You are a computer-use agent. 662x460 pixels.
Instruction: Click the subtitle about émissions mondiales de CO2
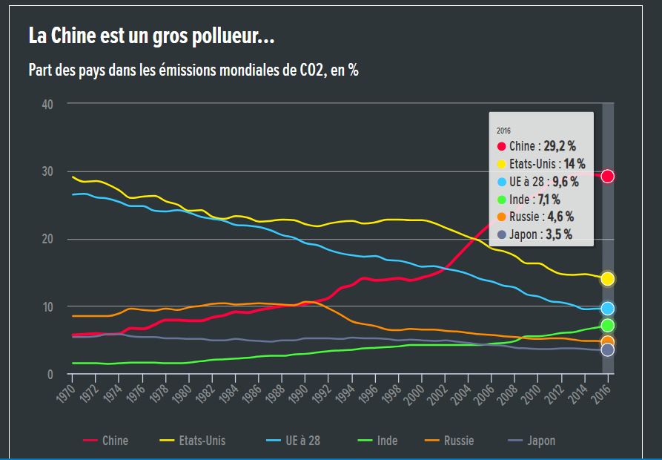193,71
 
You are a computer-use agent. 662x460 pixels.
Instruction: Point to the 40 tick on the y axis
47,104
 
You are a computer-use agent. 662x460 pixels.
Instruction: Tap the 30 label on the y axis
47,171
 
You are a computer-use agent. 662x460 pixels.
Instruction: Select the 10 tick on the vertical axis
47,306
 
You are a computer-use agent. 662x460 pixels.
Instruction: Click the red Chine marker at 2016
607,176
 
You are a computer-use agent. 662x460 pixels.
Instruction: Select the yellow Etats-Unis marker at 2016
607,278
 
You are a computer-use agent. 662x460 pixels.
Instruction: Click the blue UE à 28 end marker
607,309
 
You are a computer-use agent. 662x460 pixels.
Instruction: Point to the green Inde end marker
607,325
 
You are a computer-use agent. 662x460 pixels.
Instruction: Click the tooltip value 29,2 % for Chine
560,146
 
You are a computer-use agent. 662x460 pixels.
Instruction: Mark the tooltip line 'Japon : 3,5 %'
540,234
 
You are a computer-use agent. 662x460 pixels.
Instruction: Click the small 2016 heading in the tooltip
503,131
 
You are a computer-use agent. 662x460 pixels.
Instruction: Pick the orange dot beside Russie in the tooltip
501,217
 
